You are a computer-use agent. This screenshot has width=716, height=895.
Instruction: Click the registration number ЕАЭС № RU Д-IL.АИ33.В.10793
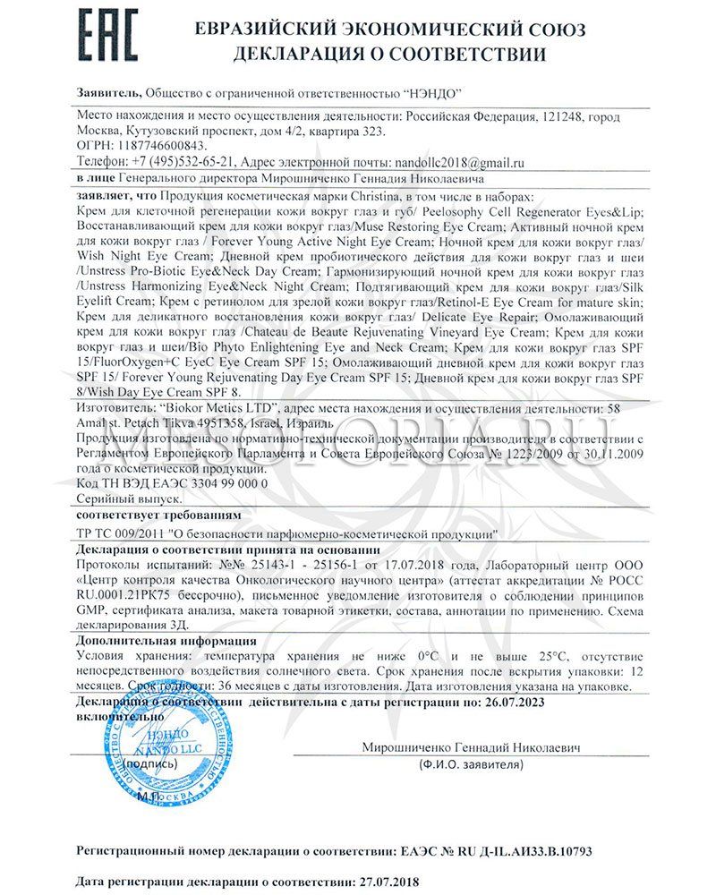503,846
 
